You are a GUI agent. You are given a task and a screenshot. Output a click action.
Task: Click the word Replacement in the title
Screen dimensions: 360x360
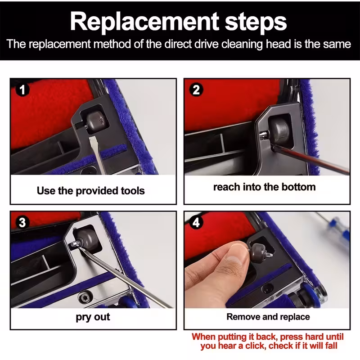(144, 22)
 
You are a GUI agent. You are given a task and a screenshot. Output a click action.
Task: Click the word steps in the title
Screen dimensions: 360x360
(256, 22)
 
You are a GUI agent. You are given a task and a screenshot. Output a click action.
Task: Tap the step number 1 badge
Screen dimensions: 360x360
(22, 90)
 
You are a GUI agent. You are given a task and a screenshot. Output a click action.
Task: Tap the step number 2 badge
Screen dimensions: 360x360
(196, 90)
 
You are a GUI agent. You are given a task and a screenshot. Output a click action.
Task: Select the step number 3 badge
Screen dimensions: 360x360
(22, 222)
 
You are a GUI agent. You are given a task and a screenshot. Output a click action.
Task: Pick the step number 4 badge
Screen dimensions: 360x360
(196, 222)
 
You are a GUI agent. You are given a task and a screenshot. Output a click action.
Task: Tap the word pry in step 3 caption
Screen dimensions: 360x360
(83, 318)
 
